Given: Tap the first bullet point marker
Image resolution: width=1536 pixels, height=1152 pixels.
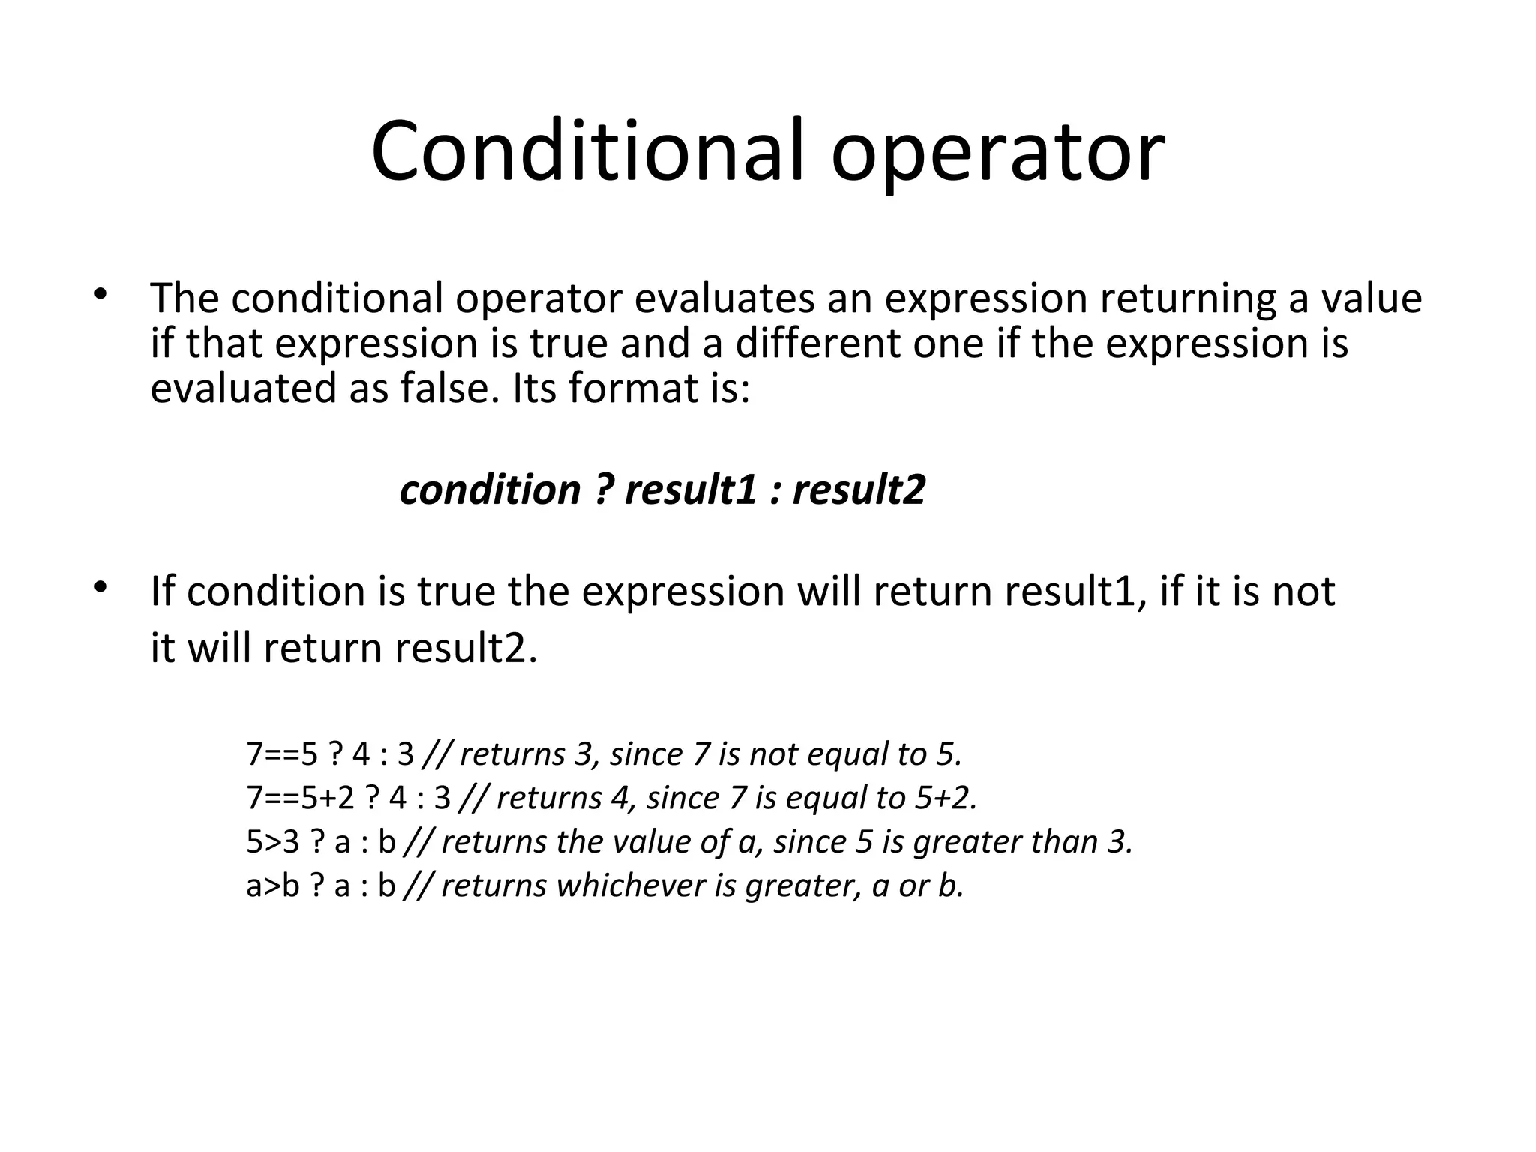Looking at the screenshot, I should point(99,293).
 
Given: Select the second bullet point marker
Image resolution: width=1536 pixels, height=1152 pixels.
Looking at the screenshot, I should point(99,586).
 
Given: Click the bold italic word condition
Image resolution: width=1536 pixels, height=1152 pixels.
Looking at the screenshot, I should point(490,490).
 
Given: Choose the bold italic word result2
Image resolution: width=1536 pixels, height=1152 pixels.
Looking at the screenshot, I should point(859,490).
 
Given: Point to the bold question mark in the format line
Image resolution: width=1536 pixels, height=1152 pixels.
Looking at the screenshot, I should point(603,490).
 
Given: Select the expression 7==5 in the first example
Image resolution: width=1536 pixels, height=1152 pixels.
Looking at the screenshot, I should point(283,754).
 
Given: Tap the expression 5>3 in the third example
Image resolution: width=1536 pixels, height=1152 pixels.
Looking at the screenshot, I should point(273,842).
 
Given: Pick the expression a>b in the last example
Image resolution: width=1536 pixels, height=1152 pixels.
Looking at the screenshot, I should point(273,886).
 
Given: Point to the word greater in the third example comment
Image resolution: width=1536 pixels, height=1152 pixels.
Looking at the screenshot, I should point(968,843).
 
